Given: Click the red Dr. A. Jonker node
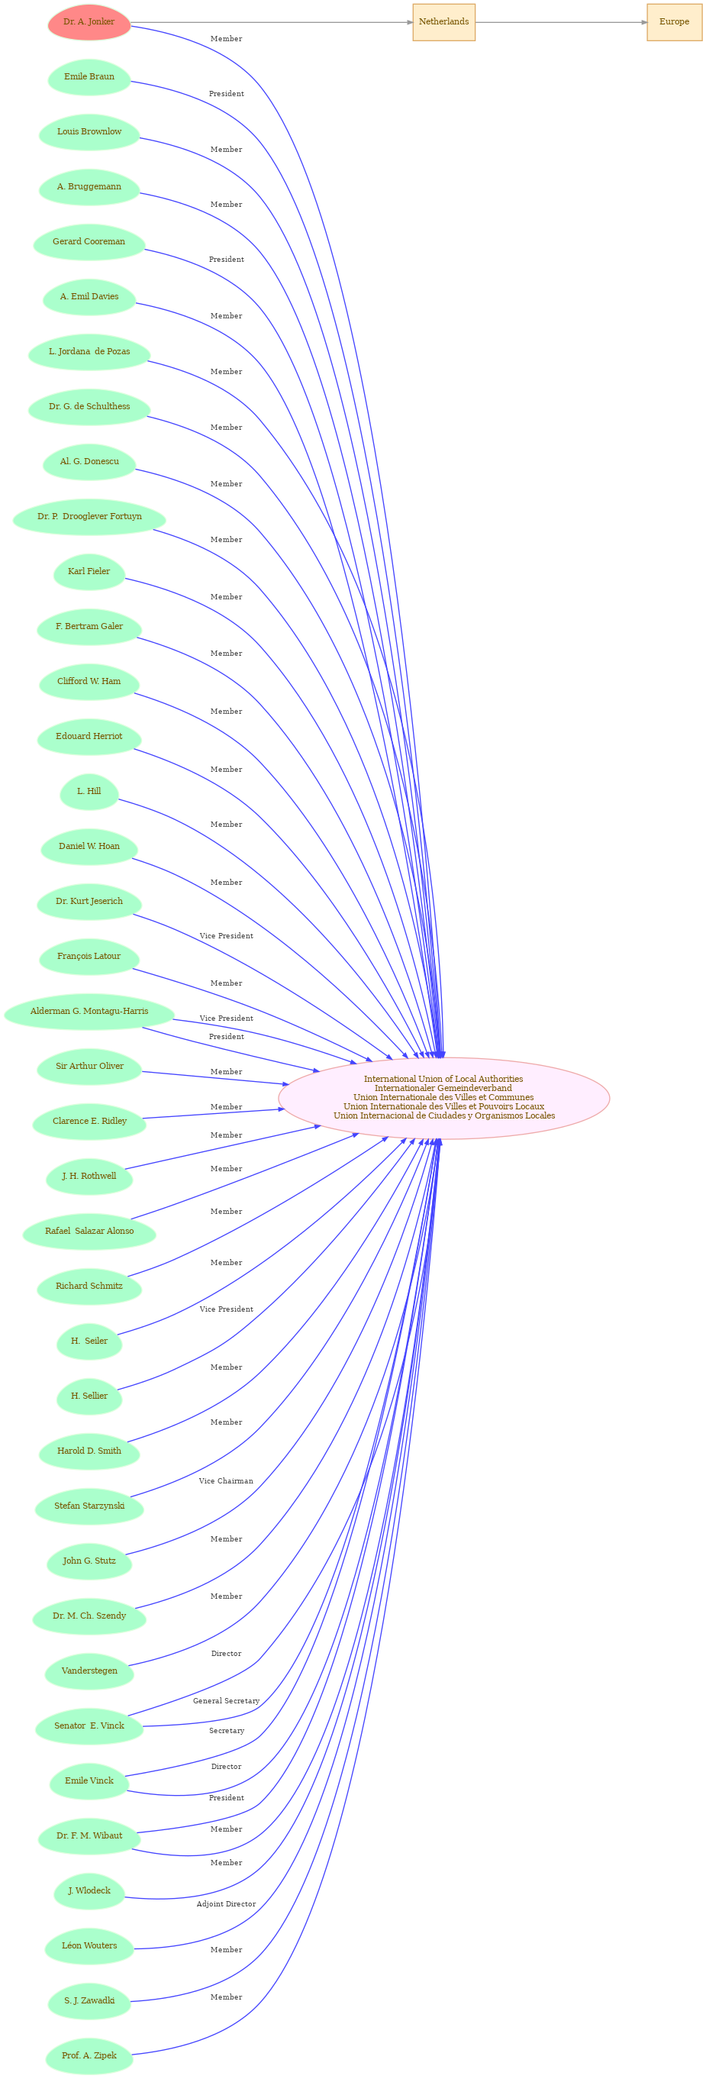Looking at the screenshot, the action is (89, 22).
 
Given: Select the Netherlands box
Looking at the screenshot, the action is (443, 22).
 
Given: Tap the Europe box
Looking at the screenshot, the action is (674, 22).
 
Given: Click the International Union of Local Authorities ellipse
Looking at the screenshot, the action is (443, 1098).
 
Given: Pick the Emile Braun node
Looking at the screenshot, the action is (89, 76).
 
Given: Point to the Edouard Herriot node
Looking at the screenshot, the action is (89, 736).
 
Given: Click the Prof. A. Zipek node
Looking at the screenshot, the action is (89, 2055).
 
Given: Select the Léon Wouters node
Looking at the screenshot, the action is (89, 1946).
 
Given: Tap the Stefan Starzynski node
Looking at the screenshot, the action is (89, 1506).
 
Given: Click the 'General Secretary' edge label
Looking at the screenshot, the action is (226, 1701).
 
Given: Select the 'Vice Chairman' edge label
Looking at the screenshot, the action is (226, 1481).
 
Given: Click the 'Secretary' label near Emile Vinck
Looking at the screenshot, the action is (226, 1731).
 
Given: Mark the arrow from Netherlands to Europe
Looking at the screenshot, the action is (561, 22).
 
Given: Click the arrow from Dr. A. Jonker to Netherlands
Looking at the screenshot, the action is (272, 22).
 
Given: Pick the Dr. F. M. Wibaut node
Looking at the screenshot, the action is (89, 1836).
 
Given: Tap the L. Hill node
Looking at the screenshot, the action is (89, 792).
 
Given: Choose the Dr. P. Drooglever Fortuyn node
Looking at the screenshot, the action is (89, 517).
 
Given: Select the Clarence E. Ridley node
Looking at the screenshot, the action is (89, 1121).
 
